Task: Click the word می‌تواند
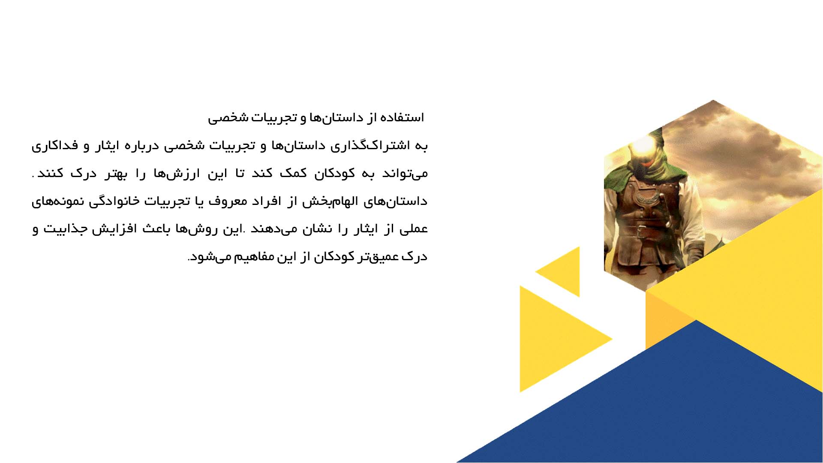(x=405, y=174)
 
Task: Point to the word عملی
(x=413, y=229)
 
